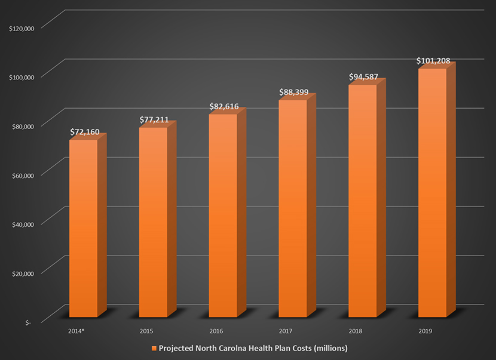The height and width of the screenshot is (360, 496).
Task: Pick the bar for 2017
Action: pyautogui.click(x=293, y=208)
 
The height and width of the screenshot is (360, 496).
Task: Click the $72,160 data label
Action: pyautogui.click(x=84, y=131)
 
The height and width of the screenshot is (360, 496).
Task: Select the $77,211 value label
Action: pyautogui.click(x=154, y=119)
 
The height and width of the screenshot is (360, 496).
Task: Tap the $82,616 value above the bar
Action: pyautogui.click(x=224, y=106)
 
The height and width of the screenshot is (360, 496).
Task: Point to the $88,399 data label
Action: pyautogui.click(x=294, y=92)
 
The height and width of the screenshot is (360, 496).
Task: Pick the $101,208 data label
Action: pyautogui.click(x=433, y=61)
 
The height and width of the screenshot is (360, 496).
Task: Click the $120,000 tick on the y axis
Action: pyautogui.click(x=22, y=27)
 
